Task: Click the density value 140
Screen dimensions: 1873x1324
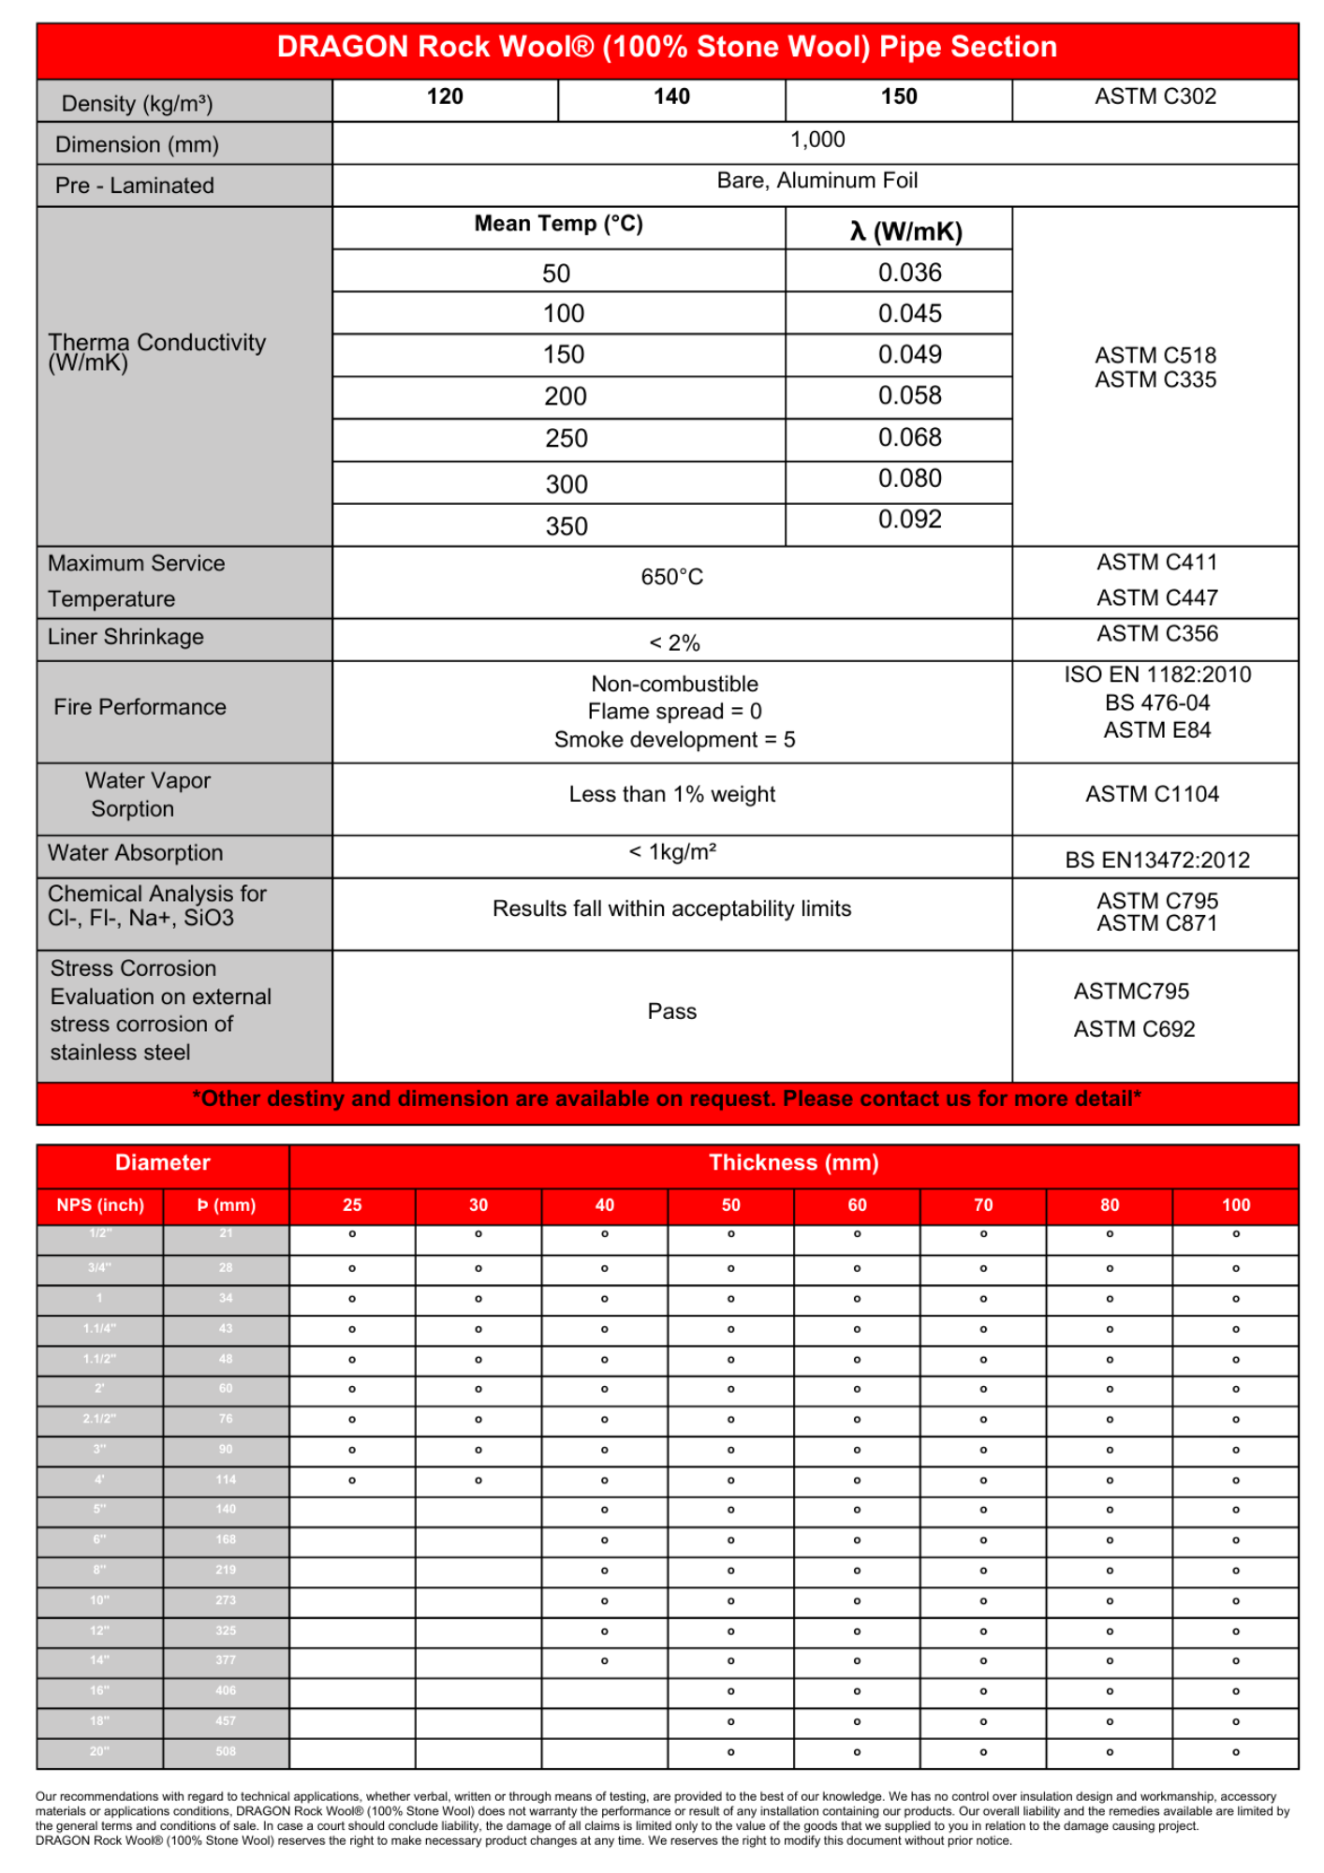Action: tap(671, 96)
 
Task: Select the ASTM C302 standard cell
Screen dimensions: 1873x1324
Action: tap(1155, 96)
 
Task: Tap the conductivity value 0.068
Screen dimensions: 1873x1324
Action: tap(909, 437)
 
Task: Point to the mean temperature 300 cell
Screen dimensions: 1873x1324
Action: tap(566, 484)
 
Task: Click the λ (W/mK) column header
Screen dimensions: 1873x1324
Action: tap(905, 231)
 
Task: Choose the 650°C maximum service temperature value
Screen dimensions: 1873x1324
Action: tap(671, 577)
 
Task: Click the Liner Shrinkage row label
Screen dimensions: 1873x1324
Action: tap(125, 637)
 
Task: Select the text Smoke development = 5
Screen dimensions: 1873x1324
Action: tap(674, 740)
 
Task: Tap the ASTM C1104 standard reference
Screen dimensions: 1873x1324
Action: tap(1152, 794)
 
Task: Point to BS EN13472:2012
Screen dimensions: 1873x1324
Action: tap(1157, 860)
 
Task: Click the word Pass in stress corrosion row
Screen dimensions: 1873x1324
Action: tap(671, 1011)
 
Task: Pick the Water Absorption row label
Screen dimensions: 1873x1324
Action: tap(135, 853)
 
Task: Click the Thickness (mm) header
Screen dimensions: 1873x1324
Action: tap(793, 1162)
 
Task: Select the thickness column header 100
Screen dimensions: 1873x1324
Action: tap(1235, 1205)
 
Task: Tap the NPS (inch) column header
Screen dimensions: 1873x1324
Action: tap(100, 1205)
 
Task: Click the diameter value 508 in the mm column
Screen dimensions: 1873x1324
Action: tap(226, 1751)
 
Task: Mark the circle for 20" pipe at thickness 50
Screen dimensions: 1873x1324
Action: tap(730, 1751)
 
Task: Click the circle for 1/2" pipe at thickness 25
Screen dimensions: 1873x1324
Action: tap(352, 1234)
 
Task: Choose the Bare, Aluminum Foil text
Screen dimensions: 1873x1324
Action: tap(816, 181)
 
